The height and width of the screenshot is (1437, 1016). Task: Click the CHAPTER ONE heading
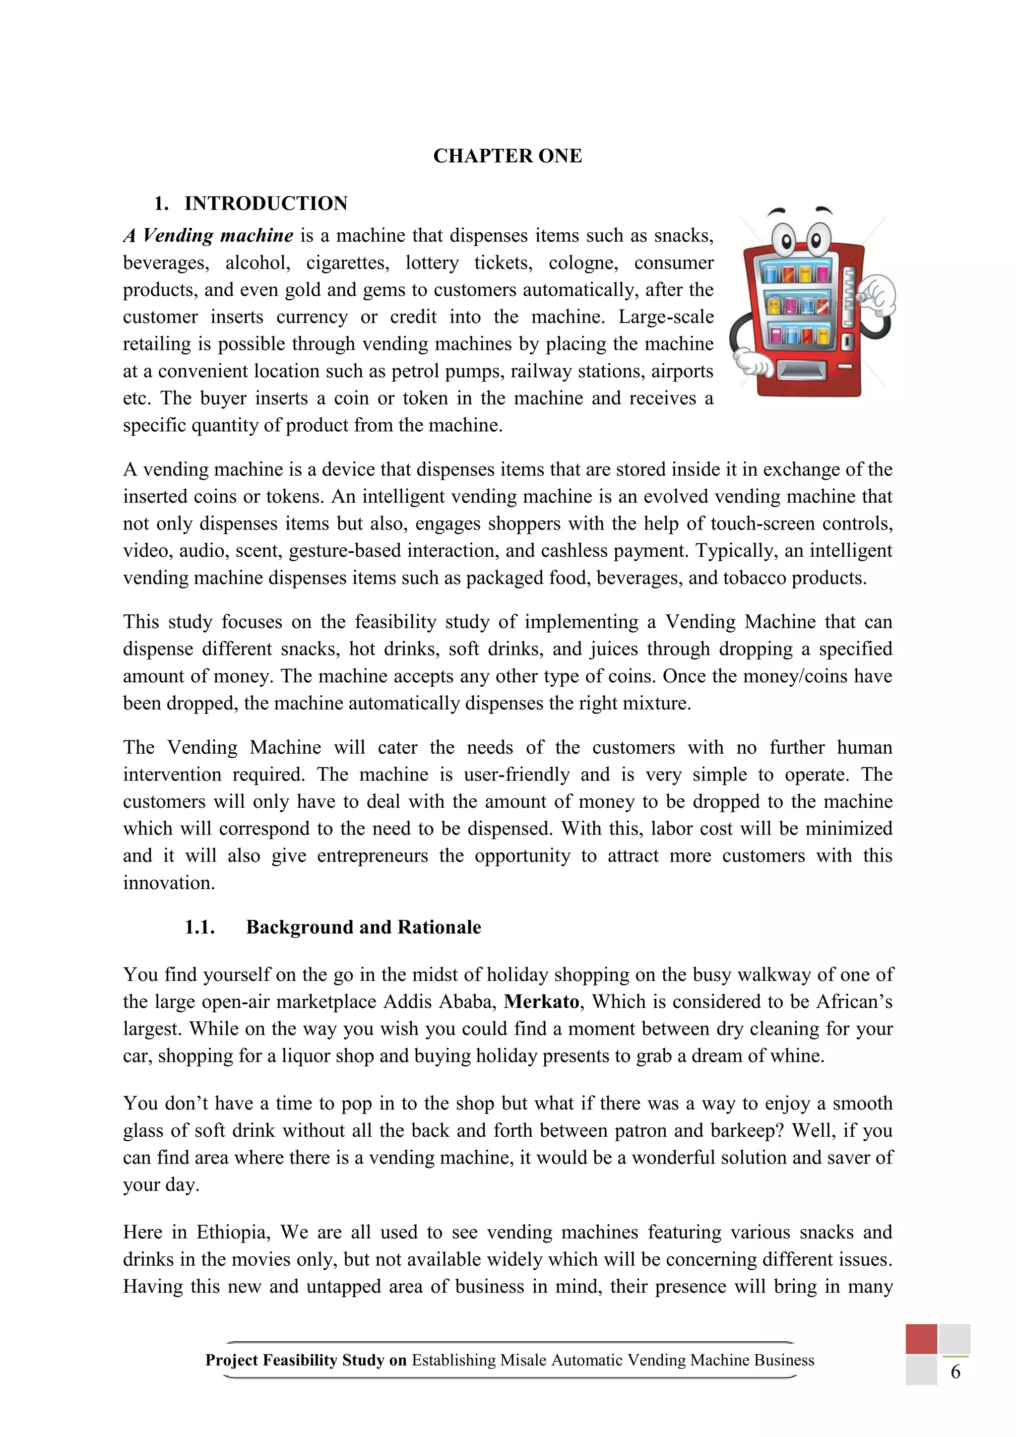(508, 156)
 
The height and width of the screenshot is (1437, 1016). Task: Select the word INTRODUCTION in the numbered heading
(266, 203)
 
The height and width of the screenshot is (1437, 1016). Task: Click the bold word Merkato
(542, 1001)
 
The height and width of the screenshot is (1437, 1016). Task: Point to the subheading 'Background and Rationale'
(364, 927)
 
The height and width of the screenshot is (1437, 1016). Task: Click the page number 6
(955, 1372)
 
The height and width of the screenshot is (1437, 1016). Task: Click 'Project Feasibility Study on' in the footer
(306, 1360)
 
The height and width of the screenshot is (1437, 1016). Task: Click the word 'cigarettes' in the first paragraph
(347, 263)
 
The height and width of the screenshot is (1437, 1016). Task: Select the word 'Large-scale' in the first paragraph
(666, 317)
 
